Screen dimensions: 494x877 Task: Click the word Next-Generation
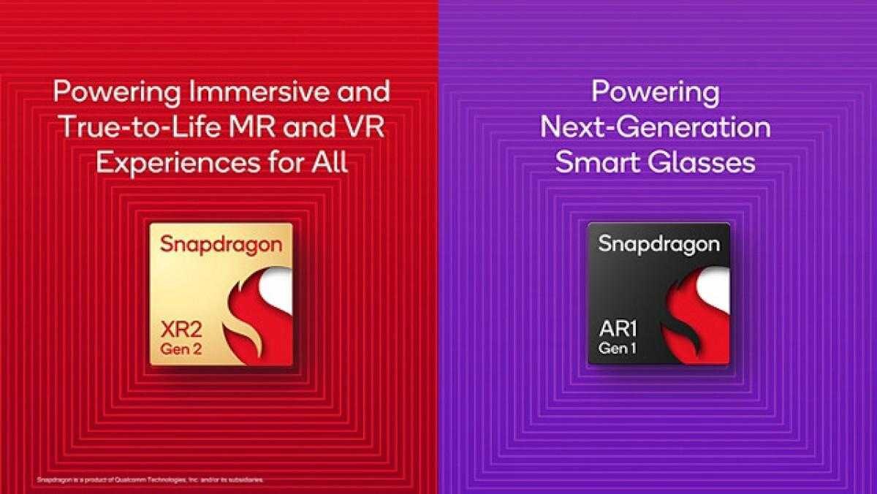point(655,128)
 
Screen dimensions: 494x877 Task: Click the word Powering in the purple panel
point(655,93)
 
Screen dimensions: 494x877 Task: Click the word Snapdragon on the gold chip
point(221,246)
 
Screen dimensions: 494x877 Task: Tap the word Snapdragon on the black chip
point(659,244)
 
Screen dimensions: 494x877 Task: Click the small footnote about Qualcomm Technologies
point(149,480)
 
